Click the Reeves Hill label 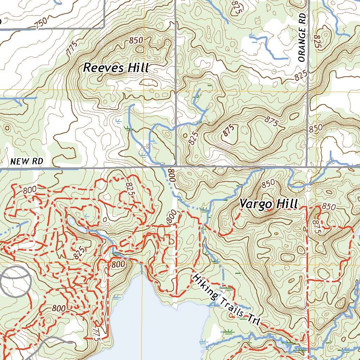coord(116,67)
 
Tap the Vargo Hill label coord(269,204)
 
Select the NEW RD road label coord(26,161)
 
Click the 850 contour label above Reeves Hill coord(136,40)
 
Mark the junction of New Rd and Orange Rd coord(307,166)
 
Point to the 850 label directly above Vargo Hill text coord(268,184)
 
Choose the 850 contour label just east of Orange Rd coord(315,129)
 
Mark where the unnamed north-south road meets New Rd coord(175,166)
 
